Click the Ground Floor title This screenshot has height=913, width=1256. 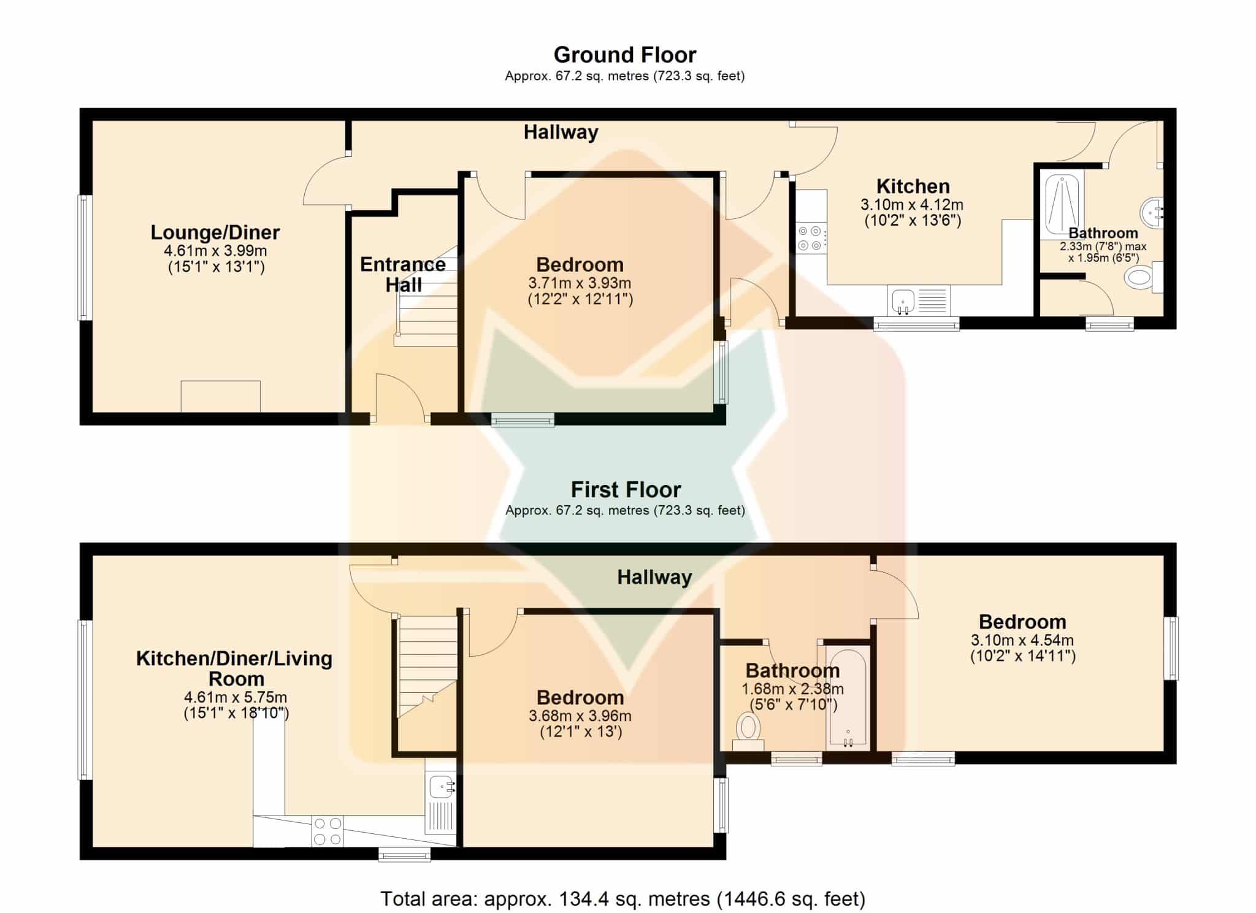625,55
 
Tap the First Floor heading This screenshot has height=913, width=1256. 626,490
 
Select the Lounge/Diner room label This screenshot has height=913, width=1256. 215,232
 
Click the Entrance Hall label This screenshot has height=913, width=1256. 403,274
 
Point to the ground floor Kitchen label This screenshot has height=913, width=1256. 913,186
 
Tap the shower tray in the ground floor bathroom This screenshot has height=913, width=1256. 1062,205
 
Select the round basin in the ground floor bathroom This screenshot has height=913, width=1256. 1152,213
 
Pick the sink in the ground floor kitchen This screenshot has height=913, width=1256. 918,300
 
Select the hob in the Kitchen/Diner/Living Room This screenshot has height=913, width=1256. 327,831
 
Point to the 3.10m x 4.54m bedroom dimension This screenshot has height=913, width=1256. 1022,640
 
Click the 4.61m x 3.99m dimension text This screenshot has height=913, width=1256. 215,251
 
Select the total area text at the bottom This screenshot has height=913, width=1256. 623,899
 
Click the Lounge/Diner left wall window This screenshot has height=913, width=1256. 85,258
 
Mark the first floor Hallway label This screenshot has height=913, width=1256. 654,577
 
